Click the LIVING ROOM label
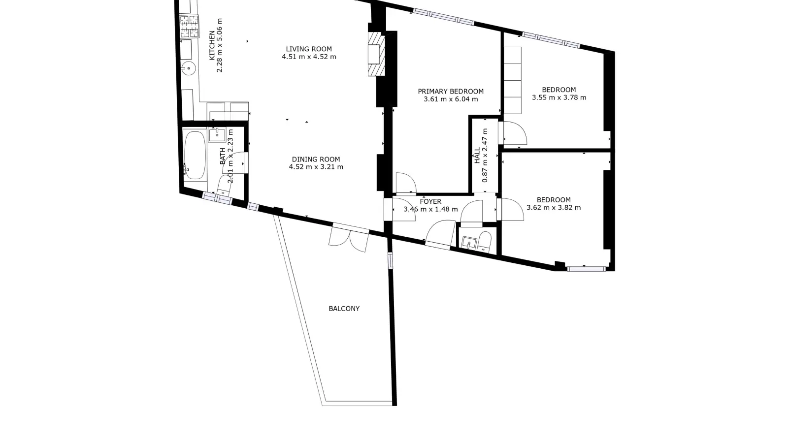coord(308,49)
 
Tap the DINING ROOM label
coord(316,159)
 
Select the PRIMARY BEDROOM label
coord(451,92)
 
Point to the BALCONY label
coord(344,309)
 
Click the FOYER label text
coord(430,201)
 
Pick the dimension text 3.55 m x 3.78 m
coord(559,98)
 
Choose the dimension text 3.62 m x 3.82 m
coord(554,208)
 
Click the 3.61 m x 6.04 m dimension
coord(451,99)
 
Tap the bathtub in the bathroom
coord(195,155)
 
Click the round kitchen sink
coord(189,68)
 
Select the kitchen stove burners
coord(189,27)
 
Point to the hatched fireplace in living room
coord(376,54)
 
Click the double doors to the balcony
coord(349,239)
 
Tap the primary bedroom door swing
coord(406,183)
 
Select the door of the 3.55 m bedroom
coord(515,133)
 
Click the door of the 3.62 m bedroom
coord(512,210)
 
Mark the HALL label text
coord(477,156)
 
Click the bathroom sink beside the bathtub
coord(217,135)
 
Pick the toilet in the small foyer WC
coord(485,242)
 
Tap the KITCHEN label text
coord(212,46)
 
